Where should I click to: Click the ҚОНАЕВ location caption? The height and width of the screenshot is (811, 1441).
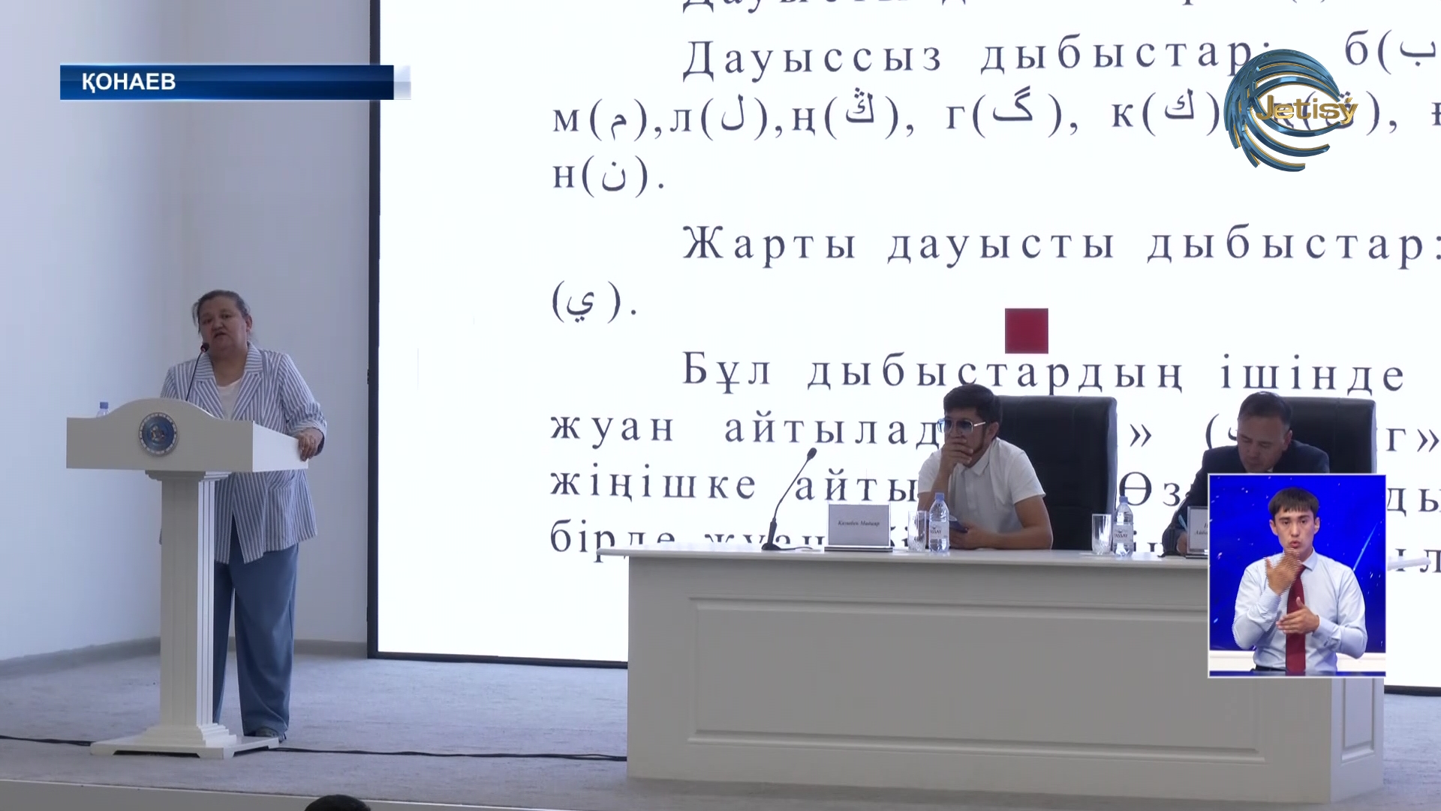(x=128, y=81)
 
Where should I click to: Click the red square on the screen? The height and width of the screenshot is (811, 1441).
(x=1026, y=330)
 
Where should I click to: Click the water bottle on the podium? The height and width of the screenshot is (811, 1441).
(x=103, y=409)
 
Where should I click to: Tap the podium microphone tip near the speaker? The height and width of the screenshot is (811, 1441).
(x=203, y=348)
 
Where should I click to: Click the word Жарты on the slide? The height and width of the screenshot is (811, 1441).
(x=769, y=245)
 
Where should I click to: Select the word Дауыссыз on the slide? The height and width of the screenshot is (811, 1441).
(x=812, y=58)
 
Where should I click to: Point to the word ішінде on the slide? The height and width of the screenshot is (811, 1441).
(x=1312, y=375)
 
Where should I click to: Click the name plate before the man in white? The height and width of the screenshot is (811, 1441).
(x=857, y=525)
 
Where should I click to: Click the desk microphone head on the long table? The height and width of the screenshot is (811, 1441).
(x=812, y=453)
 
